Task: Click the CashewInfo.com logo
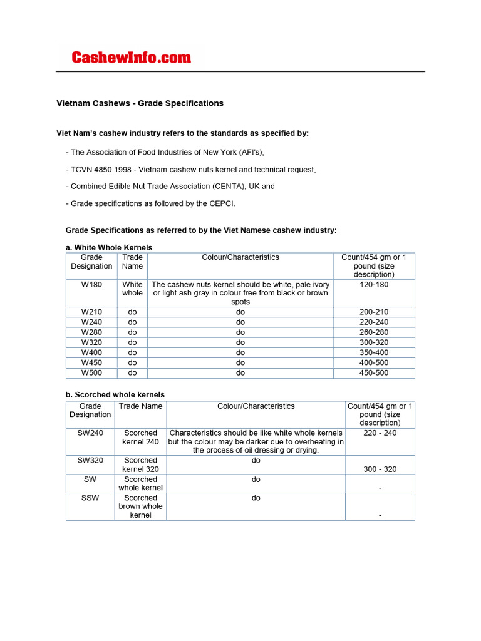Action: coord(131,58)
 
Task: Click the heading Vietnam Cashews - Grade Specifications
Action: coord(140,103)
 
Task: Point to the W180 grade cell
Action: coord(91,284)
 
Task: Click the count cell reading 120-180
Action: coord(373,284)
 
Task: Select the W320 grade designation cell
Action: coord(91,342)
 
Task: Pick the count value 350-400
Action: coord(373,352)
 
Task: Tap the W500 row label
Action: coord(91,373)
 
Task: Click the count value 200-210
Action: coord(373,312)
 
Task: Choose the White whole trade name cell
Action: coord(132,289)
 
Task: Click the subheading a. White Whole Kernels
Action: coord(109,248)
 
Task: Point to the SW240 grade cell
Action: coord(90,433)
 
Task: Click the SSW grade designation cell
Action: coord(90,498)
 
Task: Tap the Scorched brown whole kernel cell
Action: coord(140,506)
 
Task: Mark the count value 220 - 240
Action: coord(380,433)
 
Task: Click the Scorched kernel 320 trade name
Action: coord(140,464)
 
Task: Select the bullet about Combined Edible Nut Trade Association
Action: coord(172,187)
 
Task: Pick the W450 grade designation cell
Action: coord(91,363)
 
